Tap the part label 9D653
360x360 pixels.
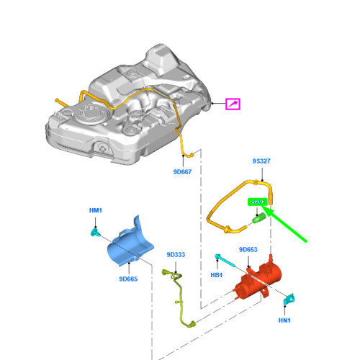tap(248, 250)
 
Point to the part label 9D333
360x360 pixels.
tap(176, 254)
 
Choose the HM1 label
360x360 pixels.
tap(96, 210)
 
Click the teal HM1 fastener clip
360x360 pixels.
tap(94, 231)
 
